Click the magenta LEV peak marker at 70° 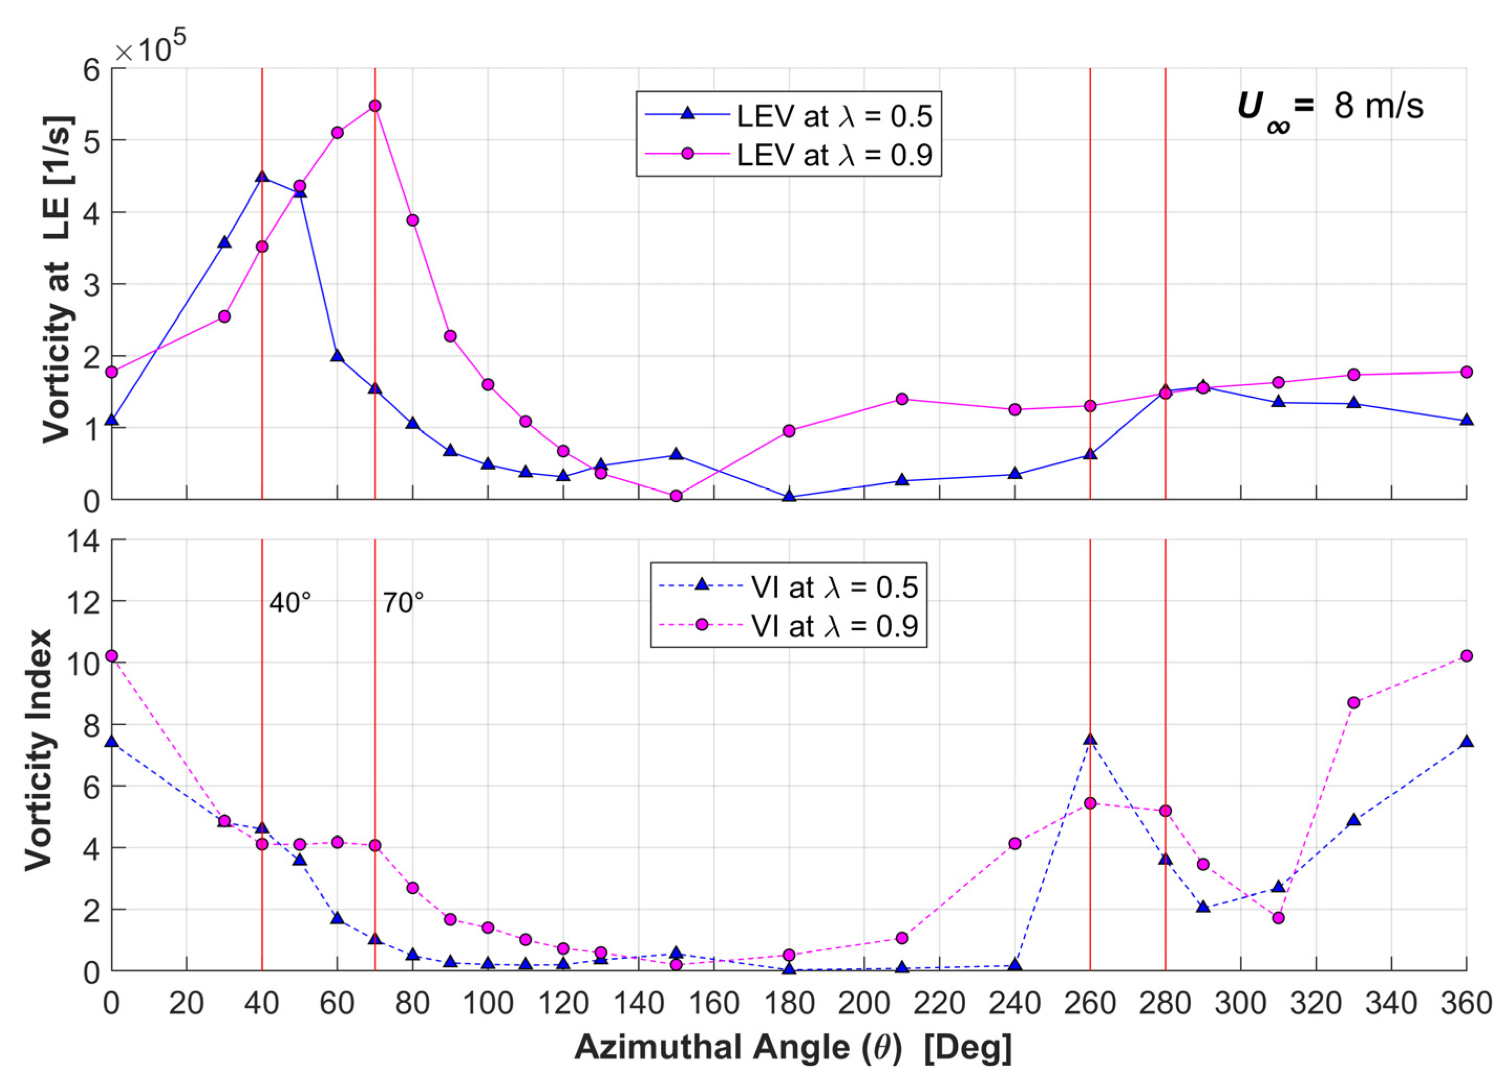click(x=375, y=106)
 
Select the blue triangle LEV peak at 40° click(x=262, y=177)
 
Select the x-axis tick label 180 click(x=789, y=1004)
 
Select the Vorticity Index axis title click(x=39, y=750)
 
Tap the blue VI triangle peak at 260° click(x=1090, y=739)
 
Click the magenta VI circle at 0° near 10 click(x=111, y=656)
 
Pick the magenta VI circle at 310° click(x=1278, y=918)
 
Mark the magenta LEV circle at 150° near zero click(x=676, y=496)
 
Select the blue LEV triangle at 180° click(x=789, y=496)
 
